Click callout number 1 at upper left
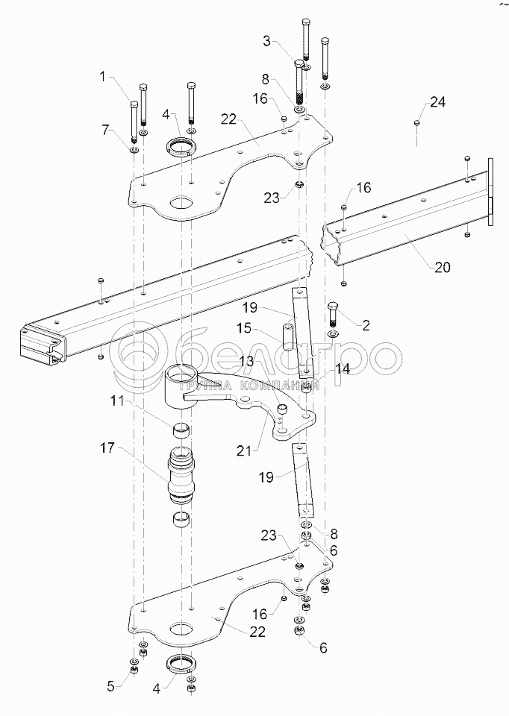[x=103, y=76]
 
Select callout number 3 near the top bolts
[x=267, y=41]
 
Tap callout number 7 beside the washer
[x=106, y=130]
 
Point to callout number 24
[x=437, y=102]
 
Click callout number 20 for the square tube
[x=443, y=267]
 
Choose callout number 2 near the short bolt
[x=366, y=325]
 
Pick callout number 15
[x=245, y=328]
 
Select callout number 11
[x=116, y=401]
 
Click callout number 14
[x=343, y=368]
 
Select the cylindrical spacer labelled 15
[x=287, y=337]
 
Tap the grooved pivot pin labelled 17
[x=182, y=476]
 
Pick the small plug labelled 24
[x=416, y=122]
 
